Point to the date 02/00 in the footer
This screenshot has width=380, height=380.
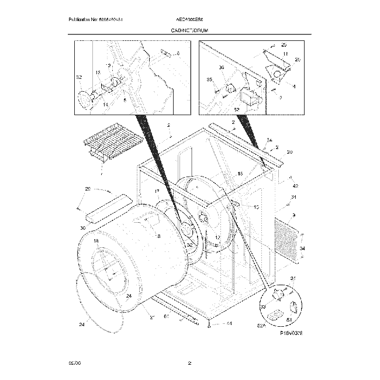74,363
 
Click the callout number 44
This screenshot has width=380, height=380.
229,324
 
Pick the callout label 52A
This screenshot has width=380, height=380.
261,327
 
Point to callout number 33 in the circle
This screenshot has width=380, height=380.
263,306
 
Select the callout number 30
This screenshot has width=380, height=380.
82,228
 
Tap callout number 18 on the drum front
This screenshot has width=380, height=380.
95,241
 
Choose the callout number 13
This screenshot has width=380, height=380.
256,207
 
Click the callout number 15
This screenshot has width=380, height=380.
240,174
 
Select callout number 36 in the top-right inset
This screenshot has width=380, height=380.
221,68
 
